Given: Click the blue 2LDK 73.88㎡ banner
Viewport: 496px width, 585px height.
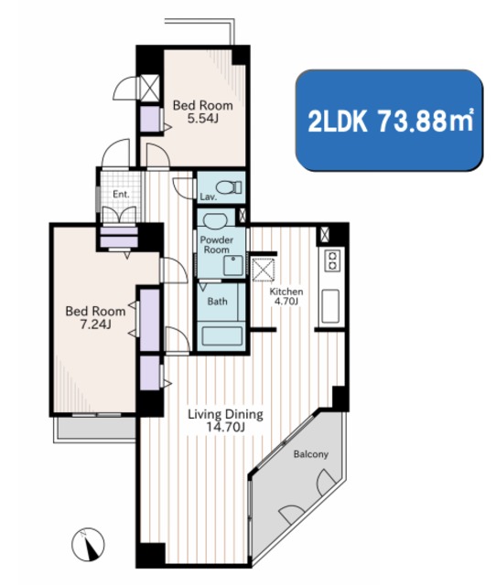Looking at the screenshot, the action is point(389,120).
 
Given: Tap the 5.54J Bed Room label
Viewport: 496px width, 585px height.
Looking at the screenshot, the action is point(203,112).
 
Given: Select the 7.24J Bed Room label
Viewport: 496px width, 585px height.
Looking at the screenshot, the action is point(95,317).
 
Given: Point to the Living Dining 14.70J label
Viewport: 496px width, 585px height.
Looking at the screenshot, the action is point(225,420).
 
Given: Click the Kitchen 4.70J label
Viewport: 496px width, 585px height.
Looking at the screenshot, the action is point(286,296).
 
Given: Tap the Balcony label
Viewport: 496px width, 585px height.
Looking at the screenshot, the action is point(311,454).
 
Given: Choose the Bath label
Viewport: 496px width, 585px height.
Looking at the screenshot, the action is point(218,301).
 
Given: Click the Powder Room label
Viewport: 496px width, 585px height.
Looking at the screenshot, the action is point(216,245).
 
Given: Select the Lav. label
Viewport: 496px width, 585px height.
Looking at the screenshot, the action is point(209,197).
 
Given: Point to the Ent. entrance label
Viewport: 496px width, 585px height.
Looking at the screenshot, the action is point(121,194).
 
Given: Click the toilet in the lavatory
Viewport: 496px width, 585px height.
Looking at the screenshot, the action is point(229,187).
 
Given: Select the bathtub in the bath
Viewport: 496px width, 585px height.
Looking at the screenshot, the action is point(221,336).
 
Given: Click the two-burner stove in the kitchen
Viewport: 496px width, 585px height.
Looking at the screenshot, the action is point(332,260).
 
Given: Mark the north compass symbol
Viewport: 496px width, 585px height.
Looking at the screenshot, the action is point(88,545).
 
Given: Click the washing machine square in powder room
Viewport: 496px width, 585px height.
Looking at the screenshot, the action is point(233,265).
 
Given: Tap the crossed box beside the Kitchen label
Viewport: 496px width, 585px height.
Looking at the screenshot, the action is point(264,268).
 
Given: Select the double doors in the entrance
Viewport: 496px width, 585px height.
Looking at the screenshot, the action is point(119,216).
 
